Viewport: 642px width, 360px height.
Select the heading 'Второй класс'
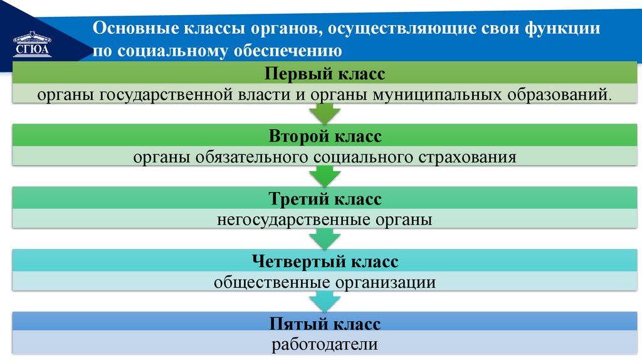click(x=325, y=135)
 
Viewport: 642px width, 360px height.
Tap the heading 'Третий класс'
click(x=325, y=199)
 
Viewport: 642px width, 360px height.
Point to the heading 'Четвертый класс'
click(x=325, y=261)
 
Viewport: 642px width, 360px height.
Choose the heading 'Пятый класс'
click(x=325, y=324)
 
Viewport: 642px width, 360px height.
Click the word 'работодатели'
click(x=325, y=344)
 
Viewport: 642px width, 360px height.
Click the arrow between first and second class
click(x=325, y=114)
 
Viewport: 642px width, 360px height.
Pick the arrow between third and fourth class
click(x=325, y=239)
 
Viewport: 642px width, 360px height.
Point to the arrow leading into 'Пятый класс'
click(x=325, y=302)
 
